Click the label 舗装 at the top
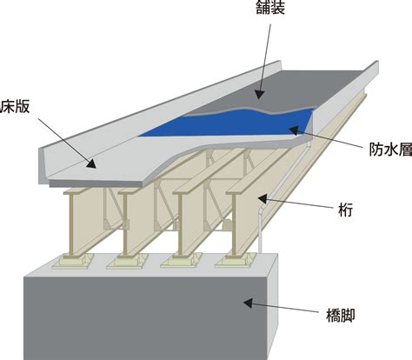pos(270,7)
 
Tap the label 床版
pos(15,107)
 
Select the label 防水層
pos(390,150)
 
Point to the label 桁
pos(345,210)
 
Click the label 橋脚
pos(340,316)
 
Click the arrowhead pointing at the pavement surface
pos(259,94)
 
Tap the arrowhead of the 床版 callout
pos(91,164)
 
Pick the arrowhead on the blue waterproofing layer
pos(294,131)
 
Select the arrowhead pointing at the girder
pos(262,199)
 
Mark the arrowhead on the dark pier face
pos(248,303)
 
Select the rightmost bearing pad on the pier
pos(236,260)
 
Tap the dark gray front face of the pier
pos(145,319)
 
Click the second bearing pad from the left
pos(128,261)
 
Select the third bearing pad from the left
pos(182,260)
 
